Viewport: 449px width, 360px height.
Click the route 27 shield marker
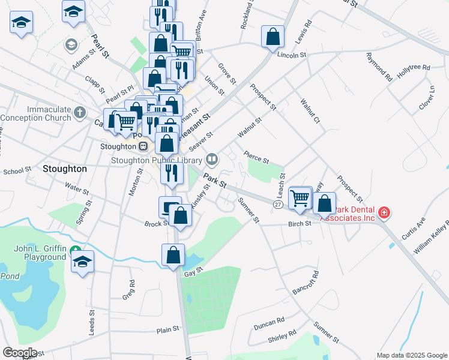[277, 205]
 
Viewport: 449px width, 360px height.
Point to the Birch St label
[300, 223]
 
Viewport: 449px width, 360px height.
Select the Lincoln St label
[292, 55]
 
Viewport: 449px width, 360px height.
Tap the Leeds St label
[92, 322]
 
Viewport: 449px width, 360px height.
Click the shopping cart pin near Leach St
[300, 197]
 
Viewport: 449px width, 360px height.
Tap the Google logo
[20, 353]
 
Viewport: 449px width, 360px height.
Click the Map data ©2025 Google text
[411, 355]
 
